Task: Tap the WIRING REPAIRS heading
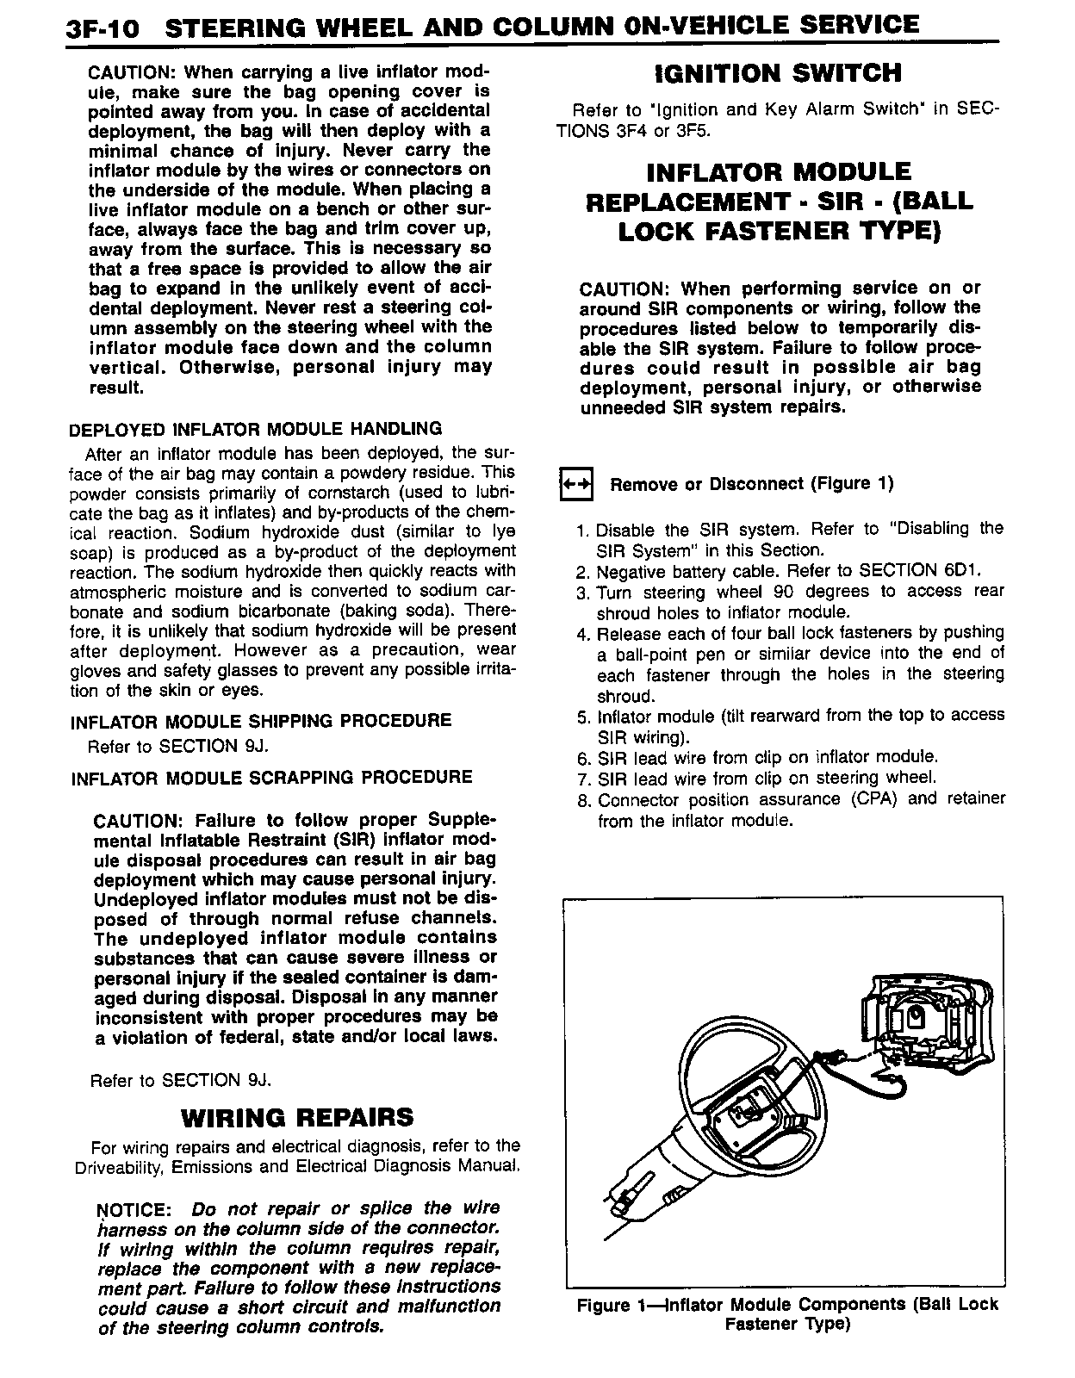[296, 1118]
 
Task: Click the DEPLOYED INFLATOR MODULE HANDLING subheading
[255, 429]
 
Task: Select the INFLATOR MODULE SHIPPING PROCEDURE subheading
[260, 721]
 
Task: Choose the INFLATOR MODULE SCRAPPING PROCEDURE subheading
[271, 778]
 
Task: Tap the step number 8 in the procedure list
[582, 800]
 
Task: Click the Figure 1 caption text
[786, 1314]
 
